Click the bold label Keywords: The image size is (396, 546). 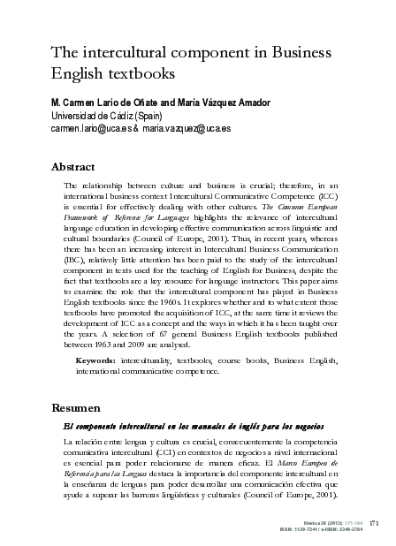pos(96,360)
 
